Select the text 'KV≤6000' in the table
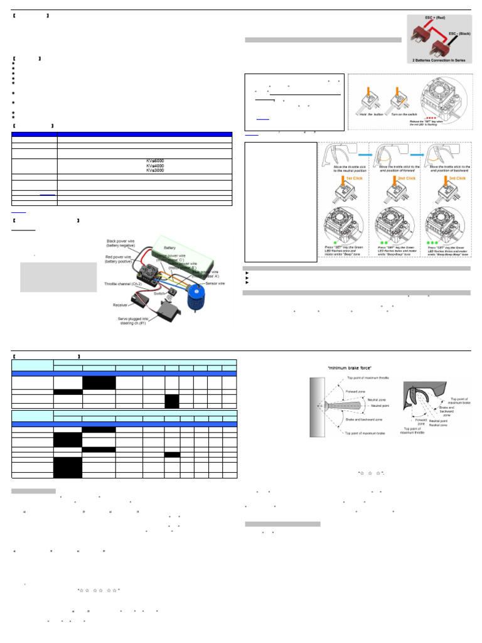[156, 160]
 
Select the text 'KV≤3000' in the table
[156, 170]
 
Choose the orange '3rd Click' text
[456, 178]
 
